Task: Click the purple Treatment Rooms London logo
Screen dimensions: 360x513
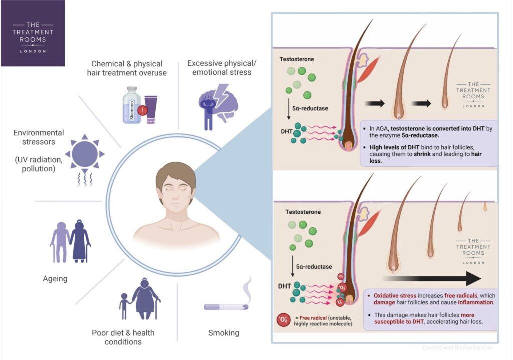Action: click(x=33, y=33)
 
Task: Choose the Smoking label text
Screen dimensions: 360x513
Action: click(x=224, y=333)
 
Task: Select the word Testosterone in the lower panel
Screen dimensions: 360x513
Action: click(x=303, y=212)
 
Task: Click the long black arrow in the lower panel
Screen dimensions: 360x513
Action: click(x=431, y=278)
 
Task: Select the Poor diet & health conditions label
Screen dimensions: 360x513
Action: click(x=123, y=337)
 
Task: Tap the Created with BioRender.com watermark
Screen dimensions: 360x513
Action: click(x=457, y=347)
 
